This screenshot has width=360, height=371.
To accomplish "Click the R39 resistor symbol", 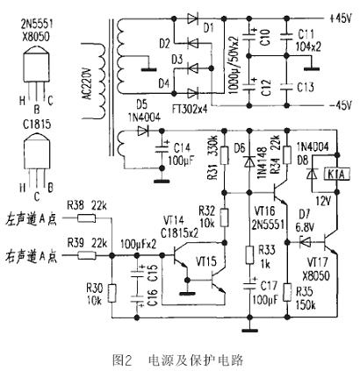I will click(86, 257).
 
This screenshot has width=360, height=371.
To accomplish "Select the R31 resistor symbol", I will click(222, 168).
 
